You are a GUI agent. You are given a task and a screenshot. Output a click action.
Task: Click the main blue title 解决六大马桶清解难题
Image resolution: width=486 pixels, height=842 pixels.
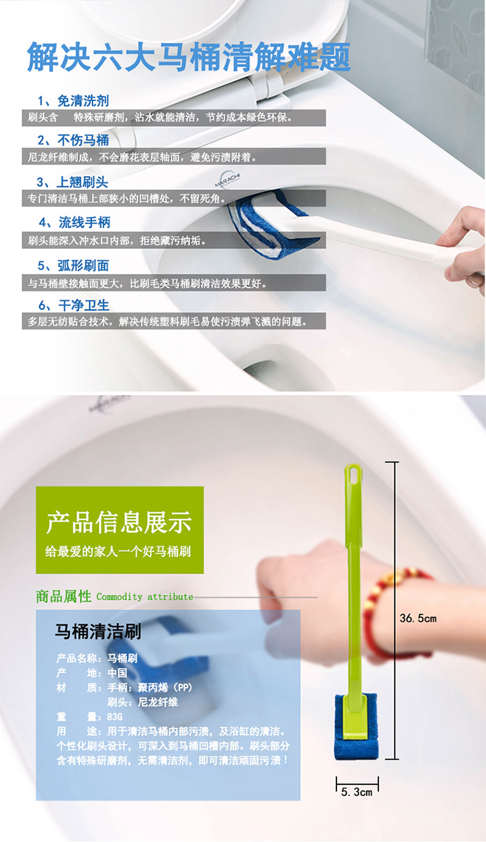[x=189, y=57]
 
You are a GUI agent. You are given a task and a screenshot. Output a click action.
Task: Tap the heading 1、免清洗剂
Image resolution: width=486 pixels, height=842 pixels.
[x=73, y=101]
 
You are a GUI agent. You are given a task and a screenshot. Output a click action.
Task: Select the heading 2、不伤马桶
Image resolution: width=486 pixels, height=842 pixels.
[x=73, y=140]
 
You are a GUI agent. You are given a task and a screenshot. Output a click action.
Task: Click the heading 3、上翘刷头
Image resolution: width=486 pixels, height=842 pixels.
[x=73, y=182]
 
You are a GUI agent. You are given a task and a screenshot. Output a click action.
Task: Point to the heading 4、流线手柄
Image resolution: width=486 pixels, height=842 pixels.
[x=75, y=223]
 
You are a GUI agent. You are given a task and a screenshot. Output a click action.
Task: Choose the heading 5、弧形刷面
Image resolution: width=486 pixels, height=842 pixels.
[x=73, y=266]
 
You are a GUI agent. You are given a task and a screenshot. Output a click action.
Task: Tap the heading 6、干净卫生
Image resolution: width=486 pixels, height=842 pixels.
[x=74, y=305]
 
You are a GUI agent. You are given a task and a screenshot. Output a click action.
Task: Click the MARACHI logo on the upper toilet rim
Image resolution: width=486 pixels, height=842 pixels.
[x=227, y=179]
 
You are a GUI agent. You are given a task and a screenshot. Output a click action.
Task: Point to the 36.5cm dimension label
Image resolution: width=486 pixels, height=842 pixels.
[x=419, y=619]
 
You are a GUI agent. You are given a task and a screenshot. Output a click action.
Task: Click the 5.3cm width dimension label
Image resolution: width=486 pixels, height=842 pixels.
[x=357, y=792]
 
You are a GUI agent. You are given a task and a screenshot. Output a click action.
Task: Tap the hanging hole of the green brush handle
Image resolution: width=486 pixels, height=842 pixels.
[x=353, y=475]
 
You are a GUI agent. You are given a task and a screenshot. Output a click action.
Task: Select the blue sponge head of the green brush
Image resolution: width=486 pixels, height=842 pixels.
[x=356, y=727]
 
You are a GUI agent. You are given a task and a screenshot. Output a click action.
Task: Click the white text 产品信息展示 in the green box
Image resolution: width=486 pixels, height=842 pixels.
[x=119, y=522]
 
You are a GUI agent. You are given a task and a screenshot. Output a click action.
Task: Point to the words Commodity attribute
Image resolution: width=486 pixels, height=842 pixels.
[x=145, y=597]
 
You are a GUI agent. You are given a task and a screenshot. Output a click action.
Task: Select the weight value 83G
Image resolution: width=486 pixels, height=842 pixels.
[x=115, y=716]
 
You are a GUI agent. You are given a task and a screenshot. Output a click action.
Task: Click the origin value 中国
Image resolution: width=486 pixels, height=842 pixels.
[x=117, y=672]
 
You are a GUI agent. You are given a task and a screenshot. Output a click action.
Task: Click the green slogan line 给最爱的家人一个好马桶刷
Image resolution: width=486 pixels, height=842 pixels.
[x=118, y=551]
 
